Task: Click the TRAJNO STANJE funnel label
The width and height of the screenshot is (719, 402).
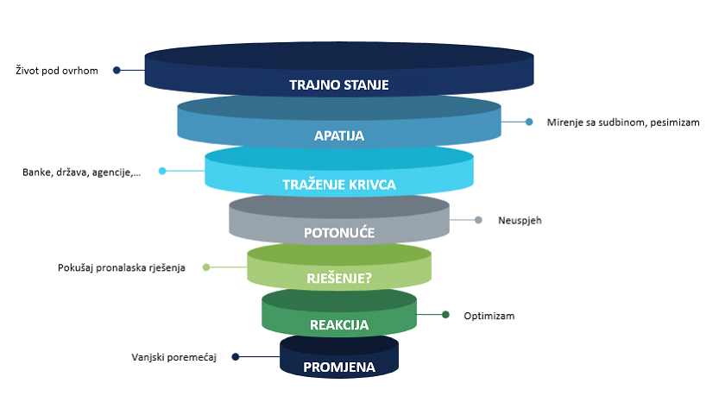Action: click(338, 85)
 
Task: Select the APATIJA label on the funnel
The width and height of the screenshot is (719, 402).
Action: click(339, 135)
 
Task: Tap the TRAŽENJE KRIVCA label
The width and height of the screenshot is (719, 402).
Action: click(338, 185)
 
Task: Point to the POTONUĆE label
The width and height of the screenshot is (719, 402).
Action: click(339, 233)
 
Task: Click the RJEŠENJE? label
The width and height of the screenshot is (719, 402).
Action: click(339, 278)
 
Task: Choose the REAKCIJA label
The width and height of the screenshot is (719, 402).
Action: click(339, 325)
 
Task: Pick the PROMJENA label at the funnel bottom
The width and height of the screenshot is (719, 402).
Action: click(339, 367)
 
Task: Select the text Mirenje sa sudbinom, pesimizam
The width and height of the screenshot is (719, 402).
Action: click(622, 122)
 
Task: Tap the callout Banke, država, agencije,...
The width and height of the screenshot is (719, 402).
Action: click(80, 172)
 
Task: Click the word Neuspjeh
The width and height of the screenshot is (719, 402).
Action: click(519, 220)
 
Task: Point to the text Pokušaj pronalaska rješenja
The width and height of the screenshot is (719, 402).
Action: click(122, 267)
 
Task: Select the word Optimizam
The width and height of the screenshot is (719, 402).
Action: click(489, 316)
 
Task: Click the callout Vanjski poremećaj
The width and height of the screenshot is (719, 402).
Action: click(173, 356)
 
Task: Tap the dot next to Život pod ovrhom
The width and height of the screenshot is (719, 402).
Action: click(117, 71)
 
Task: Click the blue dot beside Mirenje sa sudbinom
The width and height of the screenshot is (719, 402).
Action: click(529, 122)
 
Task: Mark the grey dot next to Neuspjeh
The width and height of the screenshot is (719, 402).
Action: click(478, 220)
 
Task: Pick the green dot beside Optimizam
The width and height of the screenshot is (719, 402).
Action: click(445, 315)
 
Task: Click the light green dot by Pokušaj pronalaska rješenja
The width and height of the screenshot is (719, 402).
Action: click(206, 267)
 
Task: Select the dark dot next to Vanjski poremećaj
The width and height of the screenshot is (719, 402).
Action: click(235, 356)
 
